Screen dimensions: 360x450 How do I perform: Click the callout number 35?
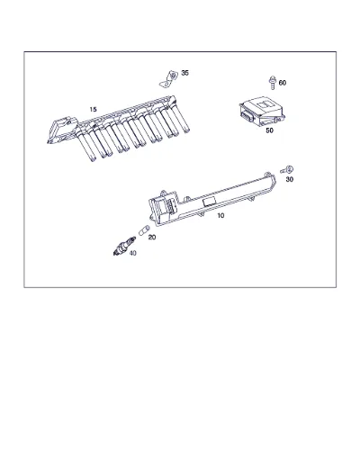[x=184, y=73]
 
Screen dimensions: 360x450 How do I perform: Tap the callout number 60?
[x=283, y=83]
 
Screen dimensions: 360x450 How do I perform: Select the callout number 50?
[x=269, y=130]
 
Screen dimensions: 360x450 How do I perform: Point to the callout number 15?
[x=93, y=109]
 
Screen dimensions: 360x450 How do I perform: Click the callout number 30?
[x=290, y=179]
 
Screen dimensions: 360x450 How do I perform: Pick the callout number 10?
[x=220, y=215]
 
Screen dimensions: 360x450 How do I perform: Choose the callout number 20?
[x=152, y=238]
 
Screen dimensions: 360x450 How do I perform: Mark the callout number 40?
[x=132, y=253]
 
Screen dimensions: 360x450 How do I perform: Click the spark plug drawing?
[x=124, y=246]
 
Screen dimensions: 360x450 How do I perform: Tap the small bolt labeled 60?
[x=273, y=83]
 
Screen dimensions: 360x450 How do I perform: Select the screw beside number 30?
[x=287, y=170]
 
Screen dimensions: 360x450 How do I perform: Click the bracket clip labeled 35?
[x=168, y=79]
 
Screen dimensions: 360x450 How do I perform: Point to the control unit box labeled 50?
[x=262, y=112]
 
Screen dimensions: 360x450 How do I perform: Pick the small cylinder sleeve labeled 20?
[x=144, y=229]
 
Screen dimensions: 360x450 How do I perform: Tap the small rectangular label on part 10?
[x=210, y=202]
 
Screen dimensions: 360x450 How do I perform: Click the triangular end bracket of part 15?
[x=61, y=130]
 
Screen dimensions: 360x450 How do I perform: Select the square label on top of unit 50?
[x=264, y=104]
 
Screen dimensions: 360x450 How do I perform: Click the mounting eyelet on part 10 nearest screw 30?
[x=268, y=175]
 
